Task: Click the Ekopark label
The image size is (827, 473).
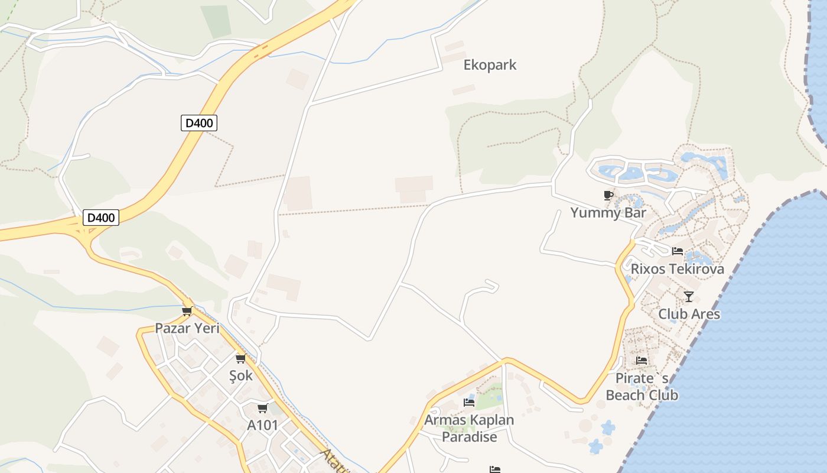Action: [490, 65]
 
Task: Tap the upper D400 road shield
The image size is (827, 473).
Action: [199, 123]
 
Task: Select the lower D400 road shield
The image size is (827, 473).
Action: [100, 218]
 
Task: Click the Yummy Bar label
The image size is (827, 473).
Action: [608, 213]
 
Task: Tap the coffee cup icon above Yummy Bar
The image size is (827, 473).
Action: [608, 195]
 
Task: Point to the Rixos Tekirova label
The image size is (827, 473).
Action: [677, 269]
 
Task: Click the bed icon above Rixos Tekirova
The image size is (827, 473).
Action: [677, 251]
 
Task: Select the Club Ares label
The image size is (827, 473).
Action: [689, 314]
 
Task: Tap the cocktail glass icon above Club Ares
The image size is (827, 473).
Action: [688, 296]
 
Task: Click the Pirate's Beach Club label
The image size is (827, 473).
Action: [642, 387]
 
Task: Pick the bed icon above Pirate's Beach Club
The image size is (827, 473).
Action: [642, 360]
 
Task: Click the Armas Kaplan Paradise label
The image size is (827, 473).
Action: [469, 429]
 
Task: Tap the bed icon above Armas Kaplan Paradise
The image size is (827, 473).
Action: [469, 403]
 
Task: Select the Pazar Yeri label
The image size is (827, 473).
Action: [187, 328]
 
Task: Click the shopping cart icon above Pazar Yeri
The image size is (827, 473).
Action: [187, 311]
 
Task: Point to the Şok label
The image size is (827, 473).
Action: [240, 375]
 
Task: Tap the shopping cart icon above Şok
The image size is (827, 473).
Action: [240, 358]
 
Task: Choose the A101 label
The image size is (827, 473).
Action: [262, 425]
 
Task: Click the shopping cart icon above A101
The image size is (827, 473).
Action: [262, 408]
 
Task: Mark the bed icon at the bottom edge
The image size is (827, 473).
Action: [495, 469]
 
